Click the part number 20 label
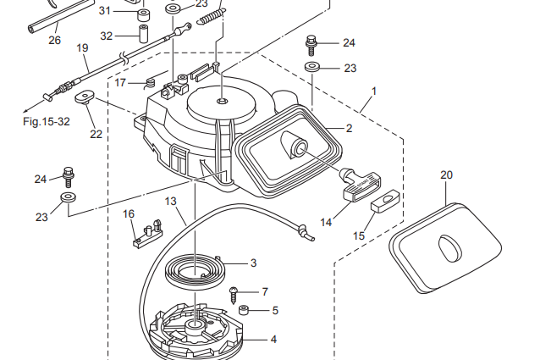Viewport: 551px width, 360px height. (447, 175)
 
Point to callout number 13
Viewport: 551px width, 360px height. (170, 202)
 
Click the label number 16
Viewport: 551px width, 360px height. (129, 213)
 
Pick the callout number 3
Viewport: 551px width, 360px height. (253, 263)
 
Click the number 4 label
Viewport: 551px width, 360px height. (273, 340)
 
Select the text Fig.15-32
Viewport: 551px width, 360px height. (46, 121)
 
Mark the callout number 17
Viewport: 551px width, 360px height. (120, 82)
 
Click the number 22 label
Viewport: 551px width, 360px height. (96, 134)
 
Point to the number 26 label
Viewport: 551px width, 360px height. (54, 40)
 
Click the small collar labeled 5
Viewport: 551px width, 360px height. (243, 310)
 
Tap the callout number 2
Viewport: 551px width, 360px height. (349, 128)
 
